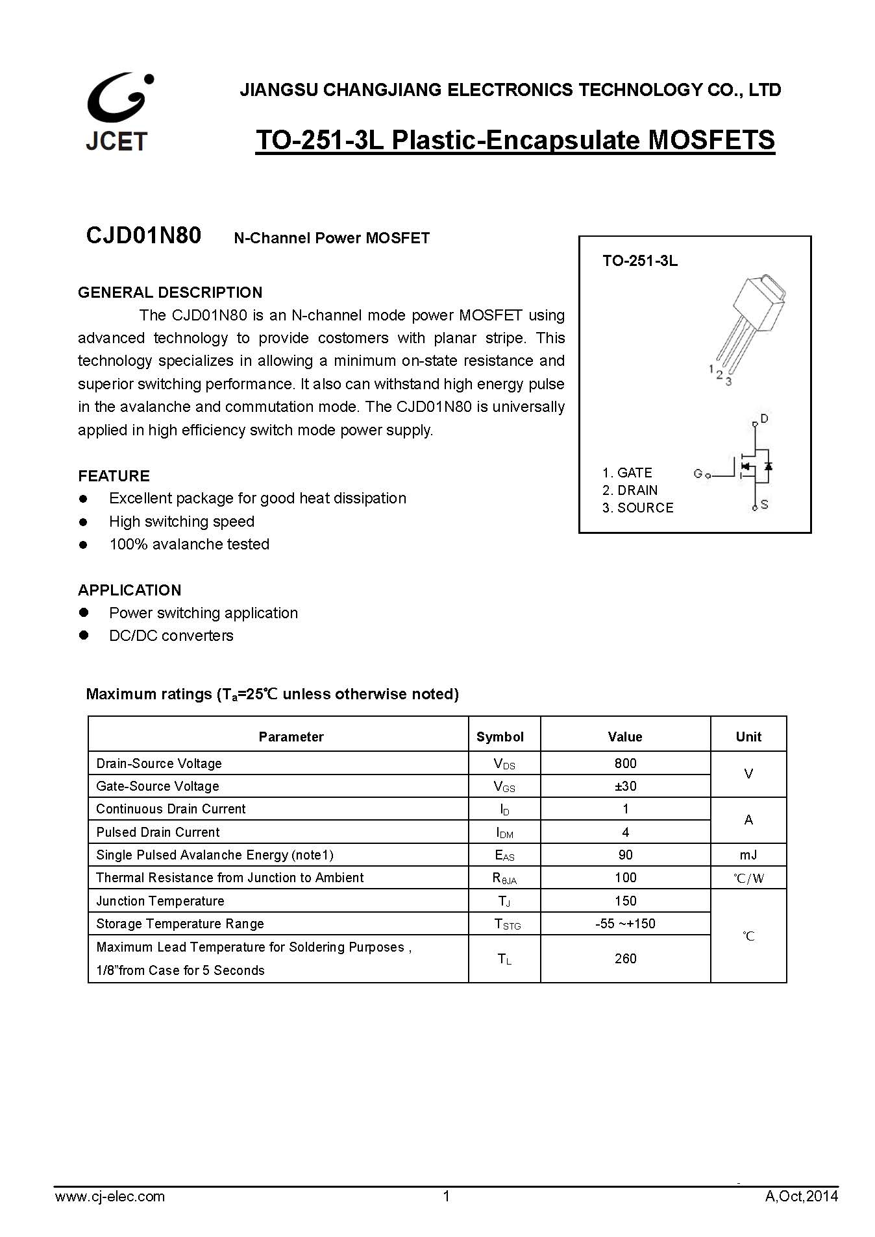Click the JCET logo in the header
tap(118, 112)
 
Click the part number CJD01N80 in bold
tap(143, 235)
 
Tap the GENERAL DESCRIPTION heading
tap(170, 293)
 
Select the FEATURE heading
tap(114, 476)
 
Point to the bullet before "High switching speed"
tap(83, 522)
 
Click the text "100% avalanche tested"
tap(189, 544)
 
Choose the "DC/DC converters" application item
tap(171, 636)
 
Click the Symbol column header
tap(500, 737)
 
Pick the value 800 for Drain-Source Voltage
tap(625, 763)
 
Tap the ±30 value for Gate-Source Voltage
tap(625, 786)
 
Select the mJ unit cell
tap(748, 855)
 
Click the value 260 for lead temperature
tap(625, 959)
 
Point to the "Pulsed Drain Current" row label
tap(158, 832)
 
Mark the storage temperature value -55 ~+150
tap(625, 924)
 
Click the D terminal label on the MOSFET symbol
tap(764, 419)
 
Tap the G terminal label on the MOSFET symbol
tap(698, 474)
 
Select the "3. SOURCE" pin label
tap(637, 508)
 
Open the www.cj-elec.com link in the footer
tap(110, 1197)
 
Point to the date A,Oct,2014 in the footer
tap(801, 1197)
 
